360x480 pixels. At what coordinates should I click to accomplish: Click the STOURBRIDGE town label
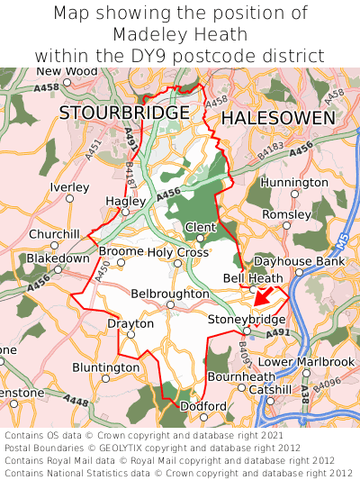coord(124,113)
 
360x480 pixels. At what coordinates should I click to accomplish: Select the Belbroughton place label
coord(170,294)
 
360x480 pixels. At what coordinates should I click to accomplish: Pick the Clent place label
coord(200,226)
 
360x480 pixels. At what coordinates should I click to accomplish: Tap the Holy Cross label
coord(178,252)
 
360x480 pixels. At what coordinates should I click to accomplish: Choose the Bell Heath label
coord(253,279)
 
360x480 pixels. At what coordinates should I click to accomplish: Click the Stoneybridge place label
coord(247,320)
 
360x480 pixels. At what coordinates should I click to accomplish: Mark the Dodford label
coord(203,406)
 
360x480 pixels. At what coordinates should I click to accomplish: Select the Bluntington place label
coord(105,367)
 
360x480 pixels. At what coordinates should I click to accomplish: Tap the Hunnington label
coord(294,182)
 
